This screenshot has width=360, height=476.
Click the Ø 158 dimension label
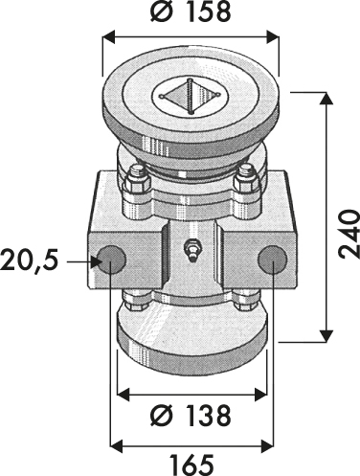point(191,12)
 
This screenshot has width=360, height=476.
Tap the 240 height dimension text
point(349,234)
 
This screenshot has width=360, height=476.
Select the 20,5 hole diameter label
point(30,261)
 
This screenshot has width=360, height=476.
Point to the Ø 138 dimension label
point(191,416)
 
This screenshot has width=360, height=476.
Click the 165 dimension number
point(191,465)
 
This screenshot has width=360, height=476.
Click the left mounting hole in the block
point(111,259)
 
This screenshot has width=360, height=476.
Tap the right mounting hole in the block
point(273,259)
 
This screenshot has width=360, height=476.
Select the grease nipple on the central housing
point(191,250)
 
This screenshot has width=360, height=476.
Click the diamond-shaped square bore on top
point(191,96)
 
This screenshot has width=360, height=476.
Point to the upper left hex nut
point(137,180)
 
